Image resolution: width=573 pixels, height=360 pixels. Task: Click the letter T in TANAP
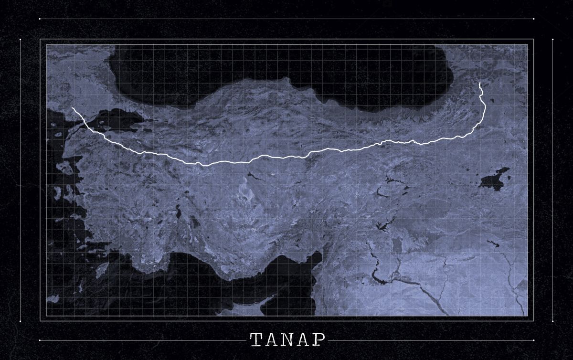coord(256,340)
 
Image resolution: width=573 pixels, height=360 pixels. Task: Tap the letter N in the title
coord(287,340)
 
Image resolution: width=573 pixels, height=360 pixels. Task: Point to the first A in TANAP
coord(272,340)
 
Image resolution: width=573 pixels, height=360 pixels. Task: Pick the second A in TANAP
coord(303,340)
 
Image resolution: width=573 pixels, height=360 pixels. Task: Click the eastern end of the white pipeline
coord(480,83)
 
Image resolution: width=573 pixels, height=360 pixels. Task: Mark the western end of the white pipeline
coord(73,108)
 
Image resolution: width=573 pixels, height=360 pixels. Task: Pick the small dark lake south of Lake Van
coord(495,244)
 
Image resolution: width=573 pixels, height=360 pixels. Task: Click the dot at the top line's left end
coord(40,19)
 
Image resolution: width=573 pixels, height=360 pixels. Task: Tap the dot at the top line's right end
coord(533,19)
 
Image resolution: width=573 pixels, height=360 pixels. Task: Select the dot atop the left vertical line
coord(21,40)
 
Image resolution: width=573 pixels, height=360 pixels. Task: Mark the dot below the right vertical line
coord(552,321)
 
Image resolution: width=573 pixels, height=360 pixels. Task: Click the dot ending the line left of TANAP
coord(40,340)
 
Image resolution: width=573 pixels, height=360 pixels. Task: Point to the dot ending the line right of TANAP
coord(533,340)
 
